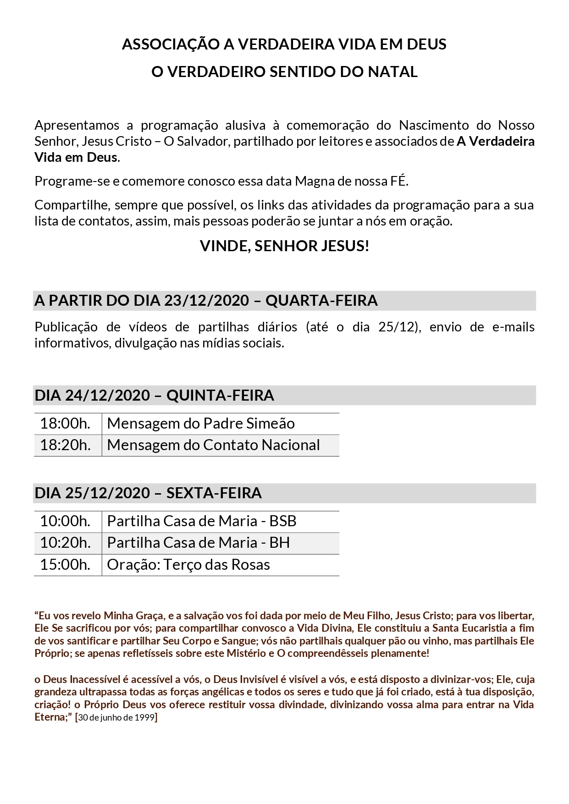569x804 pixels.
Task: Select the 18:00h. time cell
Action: (65, 424)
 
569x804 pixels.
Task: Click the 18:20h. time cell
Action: (65, 445)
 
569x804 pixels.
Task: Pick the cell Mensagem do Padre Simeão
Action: (201, 424)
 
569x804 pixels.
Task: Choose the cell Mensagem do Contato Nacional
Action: (213, 445)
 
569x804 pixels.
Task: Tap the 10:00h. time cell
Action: (65, 521)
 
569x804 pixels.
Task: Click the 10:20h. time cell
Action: (65, 543)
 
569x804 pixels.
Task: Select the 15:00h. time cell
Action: (65, 565)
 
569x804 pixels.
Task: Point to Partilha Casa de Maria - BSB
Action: (202, 521)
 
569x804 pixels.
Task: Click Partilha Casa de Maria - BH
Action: (199, 543)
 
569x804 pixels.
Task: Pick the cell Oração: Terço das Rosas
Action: (188, 565)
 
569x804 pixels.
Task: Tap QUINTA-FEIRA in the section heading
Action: (220, 395)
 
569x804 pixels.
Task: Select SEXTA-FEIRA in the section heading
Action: (214, 493)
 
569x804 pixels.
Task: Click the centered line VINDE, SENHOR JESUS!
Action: (284, 246)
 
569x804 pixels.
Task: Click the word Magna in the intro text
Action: (315, 181)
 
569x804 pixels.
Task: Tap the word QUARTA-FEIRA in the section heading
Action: (321, 301)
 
